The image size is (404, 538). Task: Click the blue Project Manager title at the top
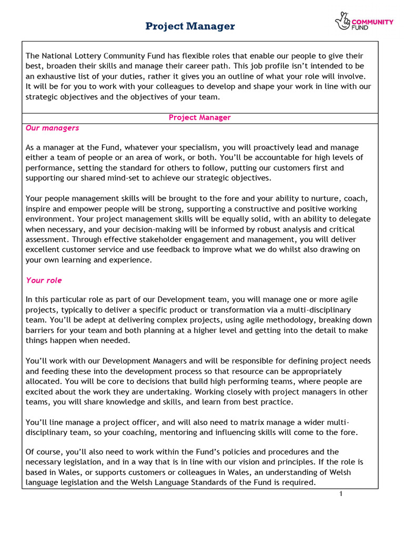190,26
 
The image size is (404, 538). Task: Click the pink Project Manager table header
199,118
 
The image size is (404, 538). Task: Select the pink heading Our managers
53,128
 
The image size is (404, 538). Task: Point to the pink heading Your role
44,281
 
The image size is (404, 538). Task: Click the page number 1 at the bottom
341,494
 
